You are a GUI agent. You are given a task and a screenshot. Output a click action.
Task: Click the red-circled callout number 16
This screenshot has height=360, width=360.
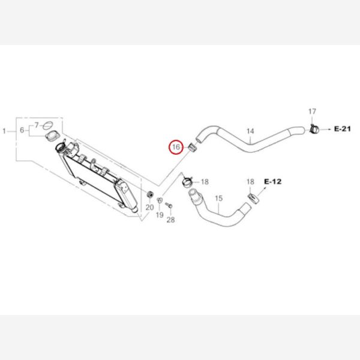176,147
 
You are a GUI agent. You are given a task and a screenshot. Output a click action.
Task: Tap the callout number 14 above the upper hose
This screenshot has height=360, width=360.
250,131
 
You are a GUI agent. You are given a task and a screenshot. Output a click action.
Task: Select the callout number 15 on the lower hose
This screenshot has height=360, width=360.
219,198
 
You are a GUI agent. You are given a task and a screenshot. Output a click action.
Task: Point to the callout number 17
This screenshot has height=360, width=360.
312,112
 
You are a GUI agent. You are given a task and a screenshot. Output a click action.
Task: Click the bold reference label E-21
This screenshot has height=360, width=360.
343,129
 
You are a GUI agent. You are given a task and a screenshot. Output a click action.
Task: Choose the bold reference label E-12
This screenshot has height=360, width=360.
273,182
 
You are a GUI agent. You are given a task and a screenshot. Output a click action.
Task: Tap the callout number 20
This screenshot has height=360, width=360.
149,208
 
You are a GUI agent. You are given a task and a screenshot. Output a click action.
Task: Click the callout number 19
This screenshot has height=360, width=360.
160,215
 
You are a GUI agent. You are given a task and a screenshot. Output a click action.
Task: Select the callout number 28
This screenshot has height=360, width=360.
170,220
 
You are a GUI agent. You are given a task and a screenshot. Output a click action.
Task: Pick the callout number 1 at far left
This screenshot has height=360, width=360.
4,131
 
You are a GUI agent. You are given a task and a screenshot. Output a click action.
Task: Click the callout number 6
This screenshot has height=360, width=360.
22,130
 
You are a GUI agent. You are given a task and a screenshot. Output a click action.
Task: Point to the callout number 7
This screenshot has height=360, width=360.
37,125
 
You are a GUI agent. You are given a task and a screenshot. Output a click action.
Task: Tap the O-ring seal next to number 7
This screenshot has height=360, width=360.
48,125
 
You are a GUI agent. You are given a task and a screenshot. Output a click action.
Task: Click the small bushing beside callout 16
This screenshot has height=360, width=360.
192,147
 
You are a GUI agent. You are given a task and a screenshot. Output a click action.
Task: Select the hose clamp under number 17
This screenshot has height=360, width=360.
314,129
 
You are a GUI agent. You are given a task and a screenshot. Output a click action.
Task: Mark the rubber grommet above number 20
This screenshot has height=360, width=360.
149,194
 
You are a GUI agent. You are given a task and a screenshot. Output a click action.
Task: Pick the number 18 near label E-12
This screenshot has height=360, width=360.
250,182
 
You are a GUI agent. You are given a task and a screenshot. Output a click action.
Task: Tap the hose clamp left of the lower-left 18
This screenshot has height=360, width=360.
188,181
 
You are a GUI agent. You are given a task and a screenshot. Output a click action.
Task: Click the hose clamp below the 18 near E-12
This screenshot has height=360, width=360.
253,199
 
